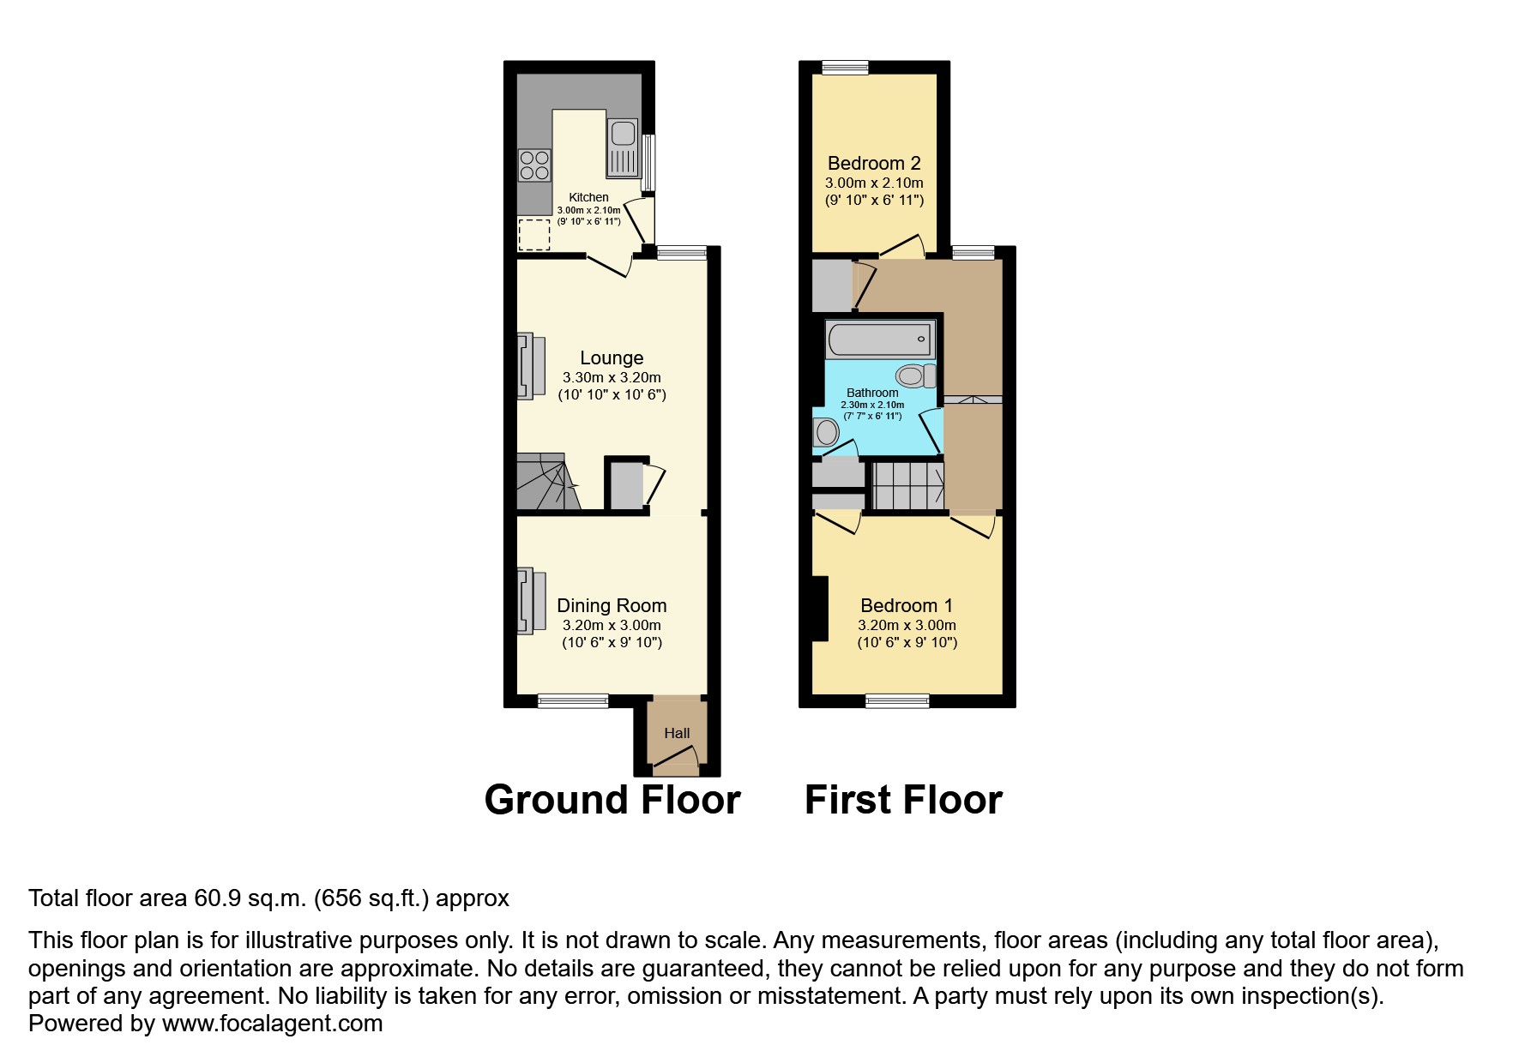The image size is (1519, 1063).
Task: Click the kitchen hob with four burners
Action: click(534, 165)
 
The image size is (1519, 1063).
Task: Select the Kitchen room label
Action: click(588, 197)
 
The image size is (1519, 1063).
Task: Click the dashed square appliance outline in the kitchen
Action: click(534, 234)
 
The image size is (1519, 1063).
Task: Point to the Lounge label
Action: click(611, 358)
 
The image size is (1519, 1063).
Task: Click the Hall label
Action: click(677, 733)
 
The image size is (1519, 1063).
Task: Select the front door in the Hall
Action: click(678, 759)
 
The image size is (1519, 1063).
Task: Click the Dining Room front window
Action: click(573, 701)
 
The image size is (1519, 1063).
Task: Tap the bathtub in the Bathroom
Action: click(880, 340)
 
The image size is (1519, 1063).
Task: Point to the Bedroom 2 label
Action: click(873, 163)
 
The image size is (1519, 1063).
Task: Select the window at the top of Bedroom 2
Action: click(845, 68)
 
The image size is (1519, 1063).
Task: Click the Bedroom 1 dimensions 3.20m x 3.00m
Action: click(907, 626)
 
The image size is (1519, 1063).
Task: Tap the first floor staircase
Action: click(907, 486)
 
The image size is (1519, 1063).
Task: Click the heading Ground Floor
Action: click(612, 800)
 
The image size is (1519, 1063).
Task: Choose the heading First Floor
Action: click(902, 800)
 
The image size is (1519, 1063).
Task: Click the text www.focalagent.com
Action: click(272, 1024)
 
